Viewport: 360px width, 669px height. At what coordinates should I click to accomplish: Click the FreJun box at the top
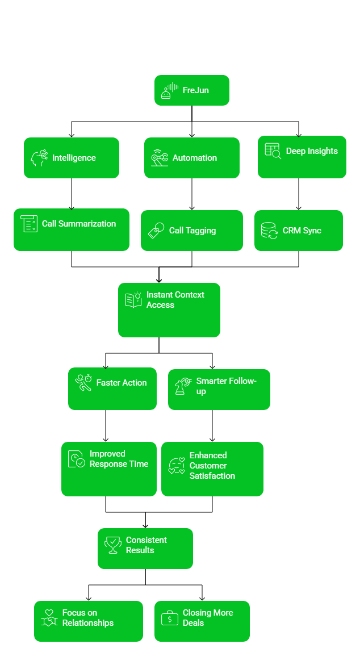pyautogui.click(x=191, y=90)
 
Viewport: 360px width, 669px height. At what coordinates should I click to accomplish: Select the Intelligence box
pyautogui.click(x=72, y=158)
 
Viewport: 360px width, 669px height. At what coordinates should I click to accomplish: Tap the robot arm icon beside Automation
pyautogui.click(x=160, y=158)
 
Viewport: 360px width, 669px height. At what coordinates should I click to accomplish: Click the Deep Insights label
pyautogui.click(x=312, y=151)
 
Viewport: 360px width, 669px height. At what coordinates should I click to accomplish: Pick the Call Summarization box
pyautogui.click(x=72, y=230)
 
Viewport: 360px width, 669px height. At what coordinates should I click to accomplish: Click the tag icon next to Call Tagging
pyautogui.click(x=156, y=231)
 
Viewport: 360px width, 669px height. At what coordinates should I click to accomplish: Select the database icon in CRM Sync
pyautogui.click(x=269, y=231)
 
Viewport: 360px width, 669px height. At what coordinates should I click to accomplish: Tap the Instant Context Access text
pyautogui.click(x=175, y=300)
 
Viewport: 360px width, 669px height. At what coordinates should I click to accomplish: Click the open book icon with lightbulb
pyautogui.click(x=133, y=300)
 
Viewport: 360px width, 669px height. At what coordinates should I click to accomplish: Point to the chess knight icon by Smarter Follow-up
pyautogui.click(x=183, y=386)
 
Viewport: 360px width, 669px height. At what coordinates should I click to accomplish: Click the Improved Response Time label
pyautogui.click(x=119, y=459)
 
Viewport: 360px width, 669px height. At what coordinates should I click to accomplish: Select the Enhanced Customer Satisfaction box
pyautogui.click(x=212, y=469)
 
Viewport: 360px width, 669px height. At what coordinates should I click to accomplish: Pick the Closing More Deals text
pyautogui.click(x=208, y=618)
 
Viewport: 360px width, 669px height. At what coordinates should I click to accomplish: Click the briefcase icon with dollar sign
pyautogui.click(x=170, y=618)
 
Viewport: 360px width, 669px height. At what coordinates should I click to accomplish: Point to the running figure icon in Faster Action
pyautogui.click(x=83, y=383)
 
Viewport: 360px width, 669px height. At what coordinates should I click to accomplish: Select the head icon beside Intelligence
pyautogui.click(x=39, y=158)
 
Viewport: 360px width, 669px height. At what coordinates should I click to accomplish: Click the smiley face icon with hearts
pyautogui.click(x=177, y=466)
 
